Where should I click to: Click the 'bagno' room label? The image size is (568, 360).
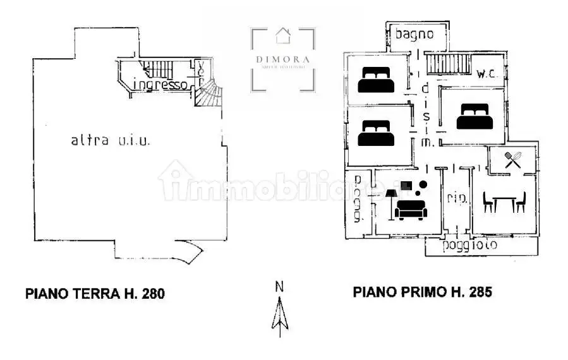(x=414, y=34)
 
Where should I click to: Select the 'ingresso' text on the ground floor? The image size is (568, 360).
(x=161, y=85)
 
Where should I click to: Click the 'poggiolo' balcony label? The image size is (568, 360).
(x=469, y=245)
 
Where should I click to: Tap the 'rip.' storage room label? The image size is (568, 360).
(x=457, y=198)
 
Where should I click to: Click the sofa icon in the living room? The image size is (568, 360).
(x=410, y=208)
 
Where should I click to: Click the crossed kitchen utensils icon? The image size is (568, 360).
(x=513, y=160)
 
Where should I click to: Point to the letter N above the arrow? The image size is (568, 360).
(x=279, y=286)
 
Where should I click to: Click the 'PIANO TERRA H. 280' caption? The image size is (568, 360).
(x=95, y=293)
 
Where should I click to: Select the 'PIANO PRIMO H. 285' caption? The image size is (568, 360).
(x=422, y=292)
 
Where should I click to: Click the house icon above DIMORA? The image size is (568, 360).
(x=282, y=37)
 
